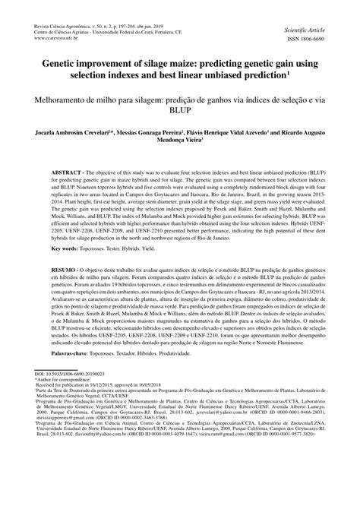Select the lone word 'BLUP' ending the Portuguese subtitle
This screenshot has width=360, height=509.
(x=180, y=110)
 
